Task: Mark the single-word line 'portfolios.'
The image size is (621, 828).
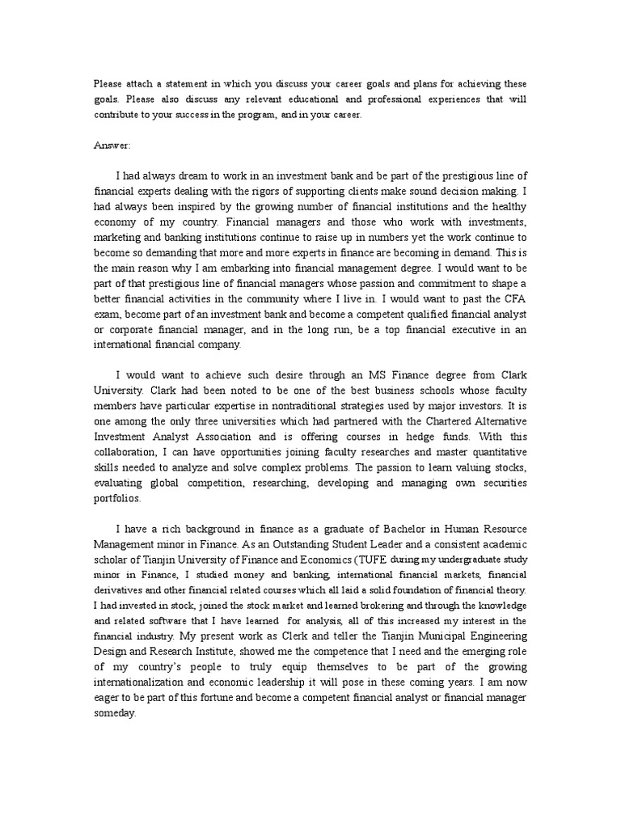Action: click(119, 498)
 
